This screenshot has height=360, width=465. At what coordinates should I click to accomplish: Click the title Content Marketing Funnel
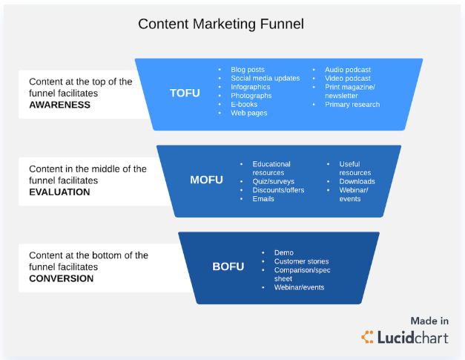pos(221,24)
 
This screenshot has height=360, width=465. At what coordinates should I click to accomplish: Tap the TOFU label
pos(185,93)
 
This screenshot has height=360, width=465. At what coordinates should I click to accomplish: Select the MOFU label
pos(206,180)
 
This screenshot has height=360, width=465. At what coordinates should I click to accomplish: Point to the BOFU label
pos(228,266)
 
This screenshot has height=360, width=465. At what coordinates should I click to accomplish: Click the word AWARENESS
pos(59,105)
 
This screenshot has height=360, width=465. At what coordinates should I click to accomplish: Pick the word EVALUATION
pos(59,192)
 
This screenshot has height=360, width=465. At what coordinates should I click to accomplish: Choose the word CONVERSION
pos(61,278)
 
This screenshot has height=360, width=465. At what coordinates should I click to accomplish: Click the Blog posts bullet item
pos(248,70)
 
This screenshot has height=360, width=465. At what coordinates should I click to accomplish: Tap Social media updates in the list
pos(265,78)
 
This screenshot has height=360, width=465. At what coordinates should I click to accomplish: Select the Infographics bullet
pos(250,87)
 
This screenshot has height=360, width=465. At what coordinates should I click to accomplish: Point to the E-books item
pos(244,104)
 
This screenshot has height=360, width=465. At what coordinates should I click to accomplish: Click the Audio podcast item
pos(348,70)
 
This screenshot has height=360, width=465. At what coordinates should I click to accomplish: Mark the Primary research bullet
pos(352,104)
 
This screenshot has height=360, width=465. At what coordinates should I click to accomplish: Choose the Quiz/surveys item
pos(273,181)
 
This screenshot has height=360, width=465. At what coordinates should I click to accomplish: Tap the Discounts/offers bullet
pos(278,190)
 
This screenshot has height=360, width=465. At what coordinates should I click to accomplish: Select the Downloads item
pos(357,181)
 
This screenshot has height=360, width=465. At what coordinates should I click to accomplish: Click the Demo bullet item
pos(284,252)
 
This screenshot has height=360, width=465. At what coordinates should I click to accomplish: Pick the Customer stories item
pos(301,261)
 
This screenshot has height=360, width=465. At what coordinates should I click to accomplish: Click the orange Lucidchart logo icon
pos(367,337)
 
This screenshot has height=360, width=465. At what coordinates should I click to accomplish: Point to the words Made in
pos(429,321)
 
